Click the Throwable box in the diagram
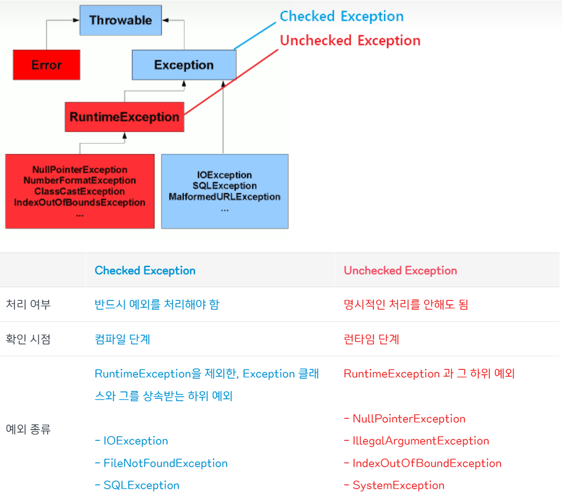click(x=120, y=21)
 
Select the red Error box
click(x=46, y=65)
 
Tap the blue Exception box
click(x=184, y=65)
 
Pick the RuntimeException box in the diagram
click(x=124, y=117)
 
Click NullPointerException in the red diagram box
click(x=80, y=170)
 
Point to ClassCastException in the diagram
click(x=80, y=191)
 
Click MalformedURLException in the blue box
click(x=224, y=197)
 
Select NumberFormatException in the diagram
click(x=80, y=181)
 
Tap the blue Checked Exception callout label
click(x=342, y=16)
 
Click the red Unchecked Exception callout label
click(x=350, y=40)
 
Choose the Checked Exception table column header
click(x=145, y=271)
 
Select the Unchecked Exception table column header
click(x=400, y=271)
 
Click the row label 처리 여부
click(x=28, y=304)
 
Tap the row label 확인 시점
click(x=28, y=339)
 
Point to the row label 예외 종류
click(x=28, y=430)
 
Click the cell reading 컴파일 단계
click(x=122, y=339)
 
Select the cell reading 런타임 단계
click(x=371, y=339)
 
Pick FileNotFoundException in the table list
click(x=165, y=463)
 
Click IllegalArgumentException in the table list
click(x=420, y=441)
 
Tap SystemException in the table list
click(x=398, y=485)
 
